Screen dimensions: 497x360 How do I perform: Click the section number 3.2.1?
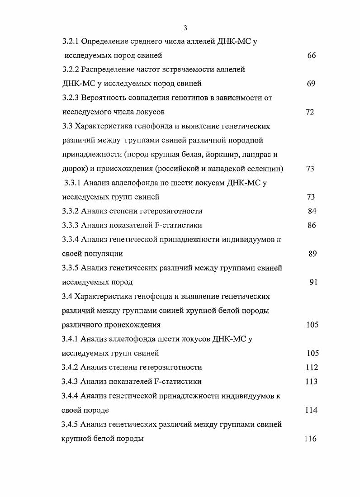click(x=71, y=42)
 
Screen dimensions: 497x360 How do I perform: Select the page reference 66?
click(x=311, y=56)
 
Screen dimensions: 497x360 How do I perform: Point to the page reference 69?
click(x=311, y=84)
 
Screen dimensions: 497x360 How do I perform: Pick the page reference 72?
click(x=310, y=112)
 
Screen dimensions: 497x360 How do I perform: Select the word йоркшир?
click(x=214, y=155)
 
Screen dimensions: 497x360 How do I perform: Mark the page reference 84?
click(x=312, y=211)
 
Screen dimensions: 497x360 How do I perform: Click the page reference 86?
click(x=312, y=225)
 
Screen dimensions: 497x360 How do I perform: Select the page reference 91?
click(x=313, y=282)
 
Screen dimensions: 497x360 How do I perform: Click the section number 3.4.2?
click(x=70, y=367)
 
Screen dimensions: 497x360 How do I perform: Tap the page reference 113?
click(x=312, y=382)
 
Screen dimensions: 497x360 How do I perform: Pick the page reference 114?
click(x=312, y=410)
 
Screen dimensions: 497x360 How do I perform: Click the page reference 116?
click(x=311, y=439)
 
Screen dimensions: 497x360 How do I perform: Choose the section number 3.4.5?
click(x=70, y=425)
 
